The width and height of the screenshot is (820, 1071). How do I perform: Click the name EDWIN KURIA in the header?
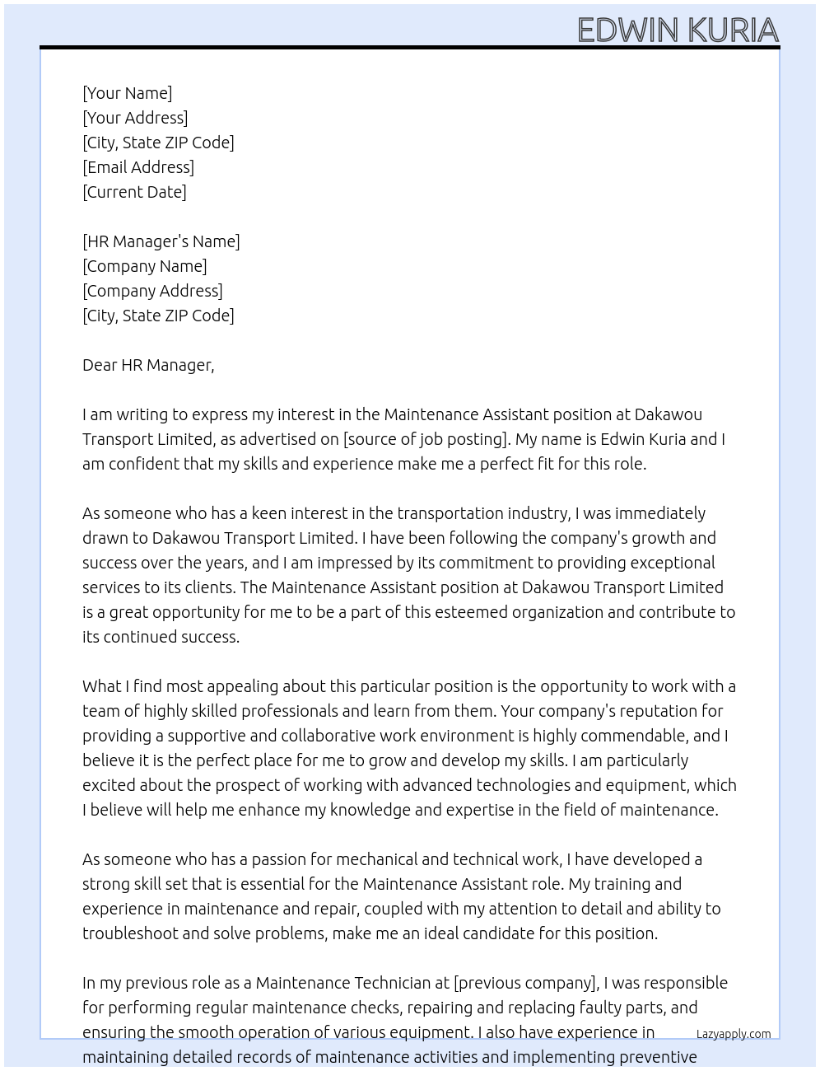point(678,30)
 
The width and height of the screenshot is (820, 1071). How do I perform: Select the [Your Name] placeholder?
point(127,93)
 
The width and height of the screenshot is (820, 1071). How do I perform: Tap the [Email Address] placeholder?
point(138,167)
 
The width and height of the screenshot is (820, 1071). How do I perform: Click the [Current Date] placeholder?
point(134,192)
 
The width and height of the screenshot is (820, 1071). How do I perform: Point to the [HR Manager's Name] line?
point(161,241)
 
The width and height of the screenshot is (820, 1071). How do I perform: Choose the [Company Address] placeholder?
point(152,291)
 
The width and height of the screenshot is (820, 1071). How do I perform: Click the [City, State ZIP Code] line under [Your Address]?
point(158,143)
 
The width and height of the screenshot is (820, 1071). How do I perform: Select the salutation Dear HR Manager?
point(148,365)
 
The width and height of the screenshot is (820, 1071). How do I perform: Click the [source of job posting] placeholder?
point(425,439)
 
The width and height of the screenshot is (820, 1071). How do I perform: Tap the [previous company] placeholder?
point(525,983)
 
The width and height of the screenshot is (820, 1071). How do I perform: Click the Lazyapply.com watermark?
point(733,1034)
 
